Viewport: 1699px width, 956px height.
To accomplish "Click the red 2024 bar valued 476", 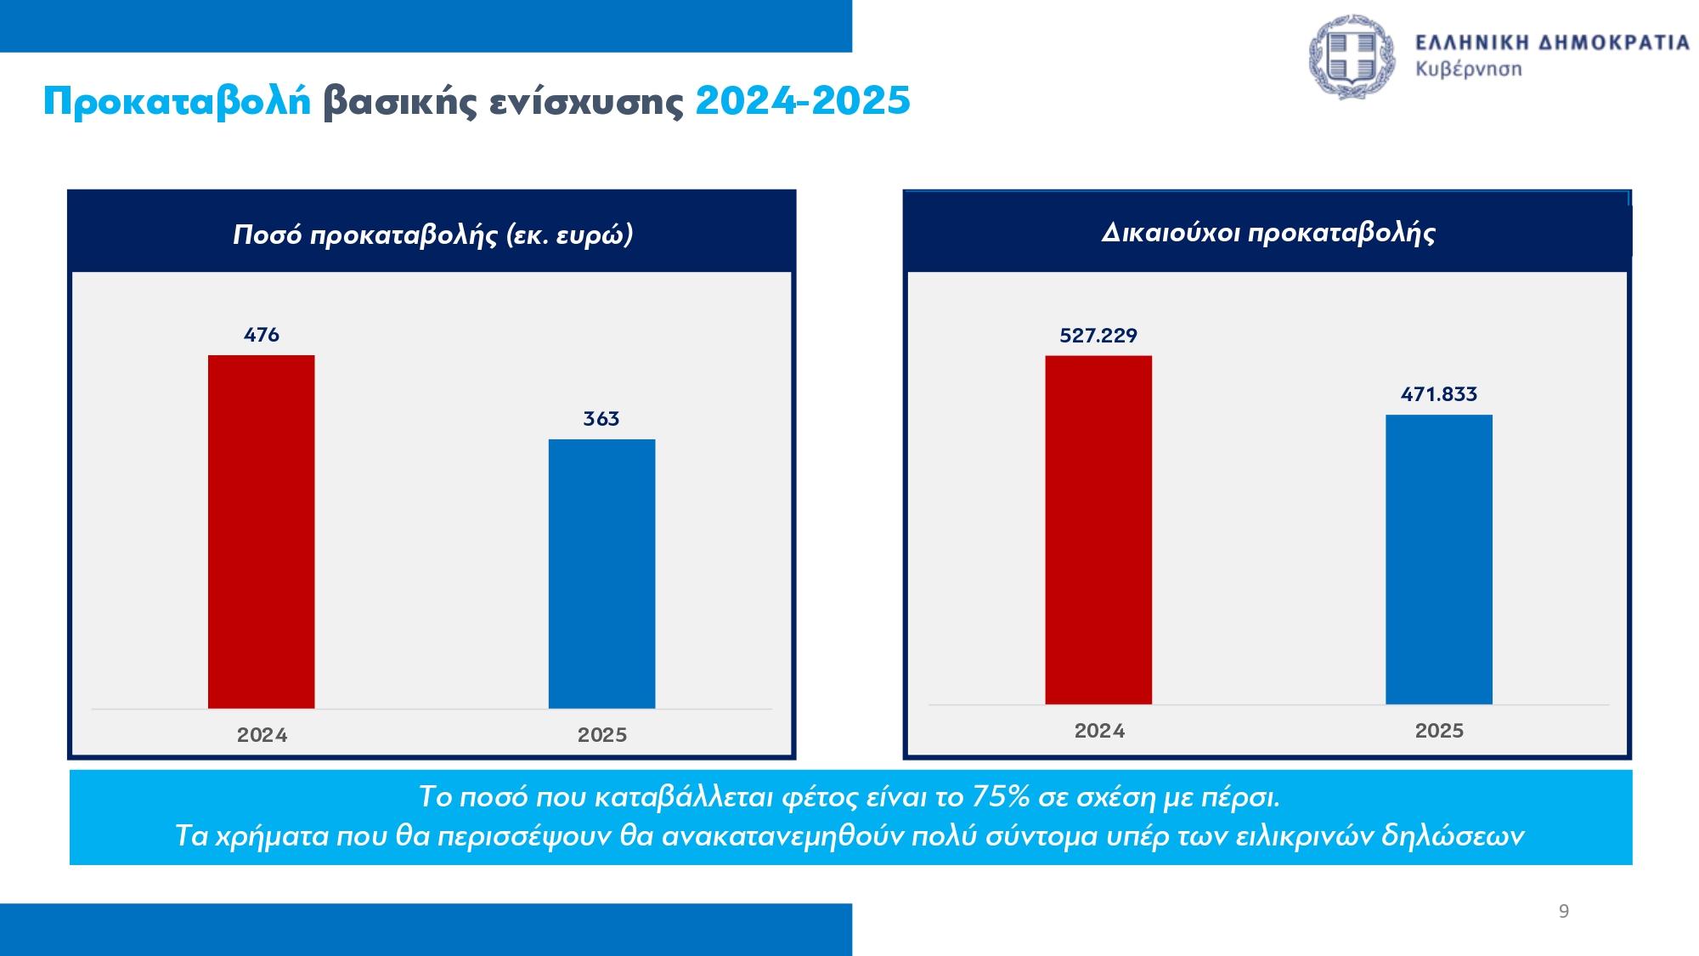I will [261, 531].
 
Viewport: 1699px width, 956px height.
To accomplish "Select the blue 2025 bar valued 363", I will [601, 574].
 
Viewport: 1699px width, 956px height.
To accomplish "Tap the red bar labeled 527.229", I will [1098, 529].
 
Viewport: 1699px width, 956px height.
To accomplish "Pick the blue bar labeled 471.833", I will [1438, 559].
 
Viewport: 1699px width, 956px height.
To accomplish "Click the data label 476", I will [261, 335].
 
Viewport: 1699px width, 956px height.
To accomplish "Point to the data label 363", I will [601, 419].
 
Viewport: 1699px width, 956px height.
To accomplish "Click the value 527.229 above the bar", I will [1098, 336].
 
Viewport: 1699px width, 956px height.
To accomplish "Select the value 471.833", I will [1438, 394].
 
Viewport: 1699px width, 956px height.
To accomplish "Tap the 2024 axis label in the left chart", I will [262, 735].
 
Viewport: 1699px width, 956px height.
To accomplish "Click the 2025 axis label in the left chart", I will [601, 735].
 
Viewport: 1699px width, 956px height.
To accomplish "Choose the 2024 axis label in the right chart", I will [1099, 731].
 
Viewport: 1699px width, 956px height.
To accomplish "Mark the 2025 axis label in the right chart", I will [1439, 731].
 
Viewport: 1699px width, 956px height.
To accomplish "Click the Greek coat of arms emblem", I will [1351, 56].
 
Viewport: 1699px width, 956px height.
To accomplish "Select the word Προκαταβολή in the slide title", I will [177, 101].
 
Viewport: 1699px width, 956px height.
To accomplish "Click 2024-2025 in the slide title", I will [802, 101].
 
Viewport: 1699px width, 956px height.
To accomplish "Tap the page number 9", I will [1563, 911].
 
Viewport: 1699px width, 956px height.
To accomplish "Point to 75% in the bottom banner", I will [1001, 797].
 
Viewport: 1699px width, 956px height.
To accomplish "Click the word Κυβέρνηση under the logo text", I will [1468, 69].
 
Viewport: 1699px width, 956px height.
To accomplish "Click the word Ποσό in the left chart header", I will [267, 235].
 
